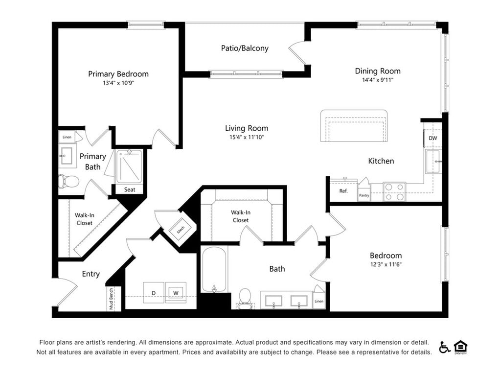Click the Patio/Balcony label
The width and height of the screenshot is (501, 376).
[245, 48]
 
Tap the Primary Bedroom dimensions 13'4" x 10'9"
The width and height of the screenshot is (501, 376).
[118, 83]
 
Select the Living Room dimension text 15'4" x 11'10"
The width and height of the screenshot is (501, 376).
[247, 137]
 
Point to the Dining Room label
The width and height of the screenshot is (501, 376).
[378, 71]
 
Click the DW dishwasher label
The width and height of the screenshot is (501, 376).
[433, 138]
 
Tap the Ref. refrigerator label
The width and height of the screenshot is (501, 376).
[343, 191]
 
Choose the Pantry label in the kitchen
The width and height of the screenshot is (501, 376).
[364, 195]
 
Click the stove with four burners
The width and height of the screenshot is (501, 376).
[394, 191]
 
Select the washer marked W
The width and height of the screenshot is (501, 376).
[176, 293]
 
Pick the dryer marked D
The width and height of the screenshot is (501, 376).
[153, 293]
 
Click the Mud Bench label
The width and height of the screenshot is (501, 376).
[111, 299]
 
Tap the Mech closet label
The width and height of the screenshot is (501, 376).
[181, 229]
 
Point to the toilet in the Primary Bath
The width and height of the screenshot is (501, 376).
[68, 182]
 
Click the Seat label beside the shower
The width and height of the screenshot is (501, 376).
[129, 189]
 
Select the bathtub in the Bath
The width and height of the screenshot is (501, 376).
[214, 270]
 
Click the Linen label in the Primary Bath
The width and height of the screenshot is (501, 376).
[67, 137]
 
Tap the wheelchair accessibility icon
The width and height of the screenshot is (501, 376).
[444, 347]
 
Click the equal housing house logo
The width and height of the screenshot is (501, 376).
[460, 347]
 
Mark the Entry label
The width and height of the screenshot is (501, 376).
[91, 274]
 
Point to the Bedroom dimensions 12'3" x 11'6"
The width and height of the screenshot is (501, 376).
[386, 264]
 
